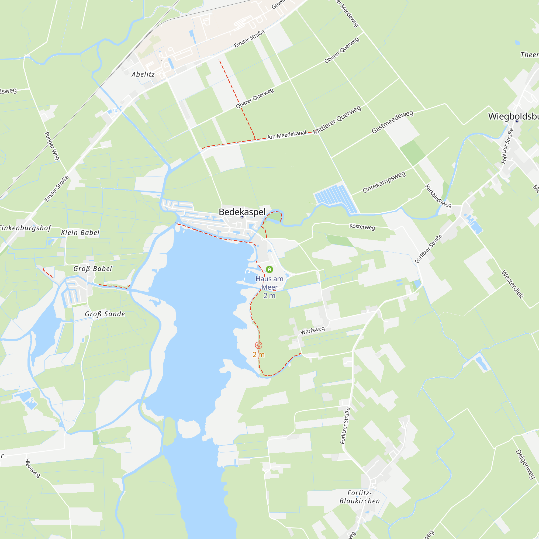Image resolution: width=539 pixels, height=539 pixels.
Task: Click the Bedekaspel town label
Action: click(242, 212)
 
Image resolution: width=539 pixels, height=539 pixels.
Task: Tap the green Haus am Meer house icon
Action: click(269, 269)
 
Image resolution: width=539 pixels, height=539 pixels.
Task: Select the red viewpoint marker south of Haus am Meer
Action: click(259, 345)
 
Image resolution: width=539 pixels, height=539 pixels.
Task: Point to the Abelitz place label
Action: click(143, 74)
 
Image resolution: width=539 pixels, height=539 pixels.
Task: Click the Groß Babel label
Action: click(93, 269)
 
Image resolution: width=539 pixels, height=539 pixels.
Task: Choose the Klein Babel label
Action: click(80, 233)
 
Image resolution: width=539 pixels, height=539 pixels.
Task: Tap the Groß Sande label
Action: click(105, 314)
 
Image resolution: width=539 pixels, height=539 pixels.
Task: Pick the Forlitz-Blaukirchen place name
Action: click(360, 497)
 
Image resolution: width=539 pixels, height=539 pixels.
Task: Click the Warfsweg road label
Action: click(312, 330)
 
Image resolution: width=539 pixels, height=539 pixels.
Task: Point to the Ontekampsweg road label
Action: click(384, 182)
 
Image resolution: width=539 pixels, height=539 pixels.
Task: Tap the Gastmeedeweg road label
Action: click(392, 122)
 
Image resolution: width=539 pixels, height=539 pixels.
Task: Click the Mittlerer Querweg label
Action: click(337, 120)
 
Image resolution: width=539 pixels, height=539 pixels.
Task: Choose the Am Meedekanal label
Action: click(286, 135)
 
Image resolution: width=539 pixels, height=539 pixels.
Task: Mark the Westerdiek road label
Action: click(513, 284)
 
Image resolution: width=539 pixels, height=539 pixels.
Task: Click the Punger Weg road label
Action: click(52, 146)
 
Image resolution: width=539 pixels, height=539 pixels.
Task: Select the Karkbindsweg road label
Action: click(438, 196)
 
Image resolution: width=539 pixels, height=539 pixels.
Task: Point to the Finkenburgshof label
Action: click(25, 228)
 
